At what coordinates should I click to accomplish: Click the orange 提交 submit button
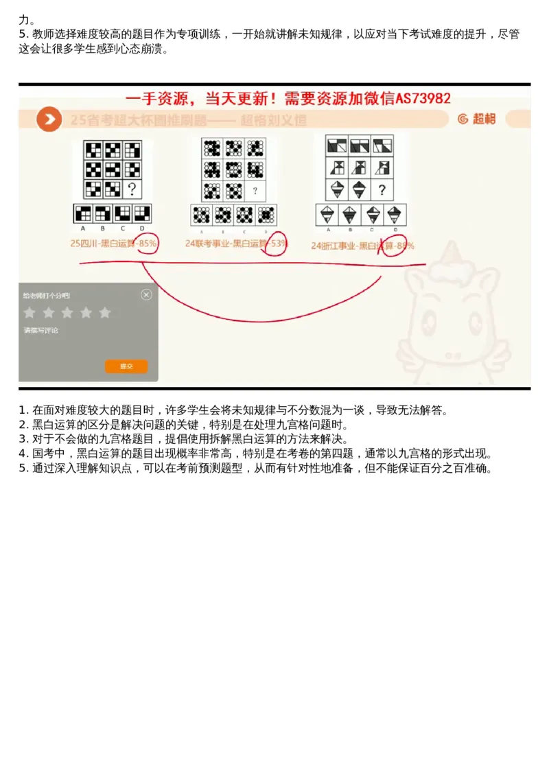click(x=126, y=366)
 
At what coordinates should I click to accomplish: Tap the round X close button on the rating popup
click(x=146, y=294)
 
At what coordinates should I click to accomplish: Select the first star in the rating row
click(x=30, y=313)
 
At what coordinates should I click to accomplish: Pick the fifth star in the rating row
click(x=104, y=313)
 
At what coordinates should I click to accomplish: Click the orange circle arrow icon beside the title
click(x=49, y=119)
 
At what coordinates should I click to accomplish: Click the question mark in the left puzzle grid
click(x=132, y=189)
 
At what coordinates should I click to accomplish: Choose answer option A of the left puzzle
click(x=83, y=213)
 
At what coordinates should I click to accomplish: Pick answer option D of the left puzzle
click(x=142, y=213)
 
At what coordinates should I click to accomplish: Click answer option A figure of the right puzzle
click(x=327, y=215)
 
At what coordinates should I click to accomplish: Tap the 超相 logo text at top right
click(x=484, y=119)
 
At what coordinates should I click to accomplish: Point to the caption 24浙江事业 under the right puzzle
click(x=334, y=245)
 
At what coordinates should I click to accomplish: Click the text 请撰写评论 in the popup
click(x=41, y=331)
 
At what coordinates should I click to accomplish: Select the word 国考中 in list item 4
click(x=51, y=454)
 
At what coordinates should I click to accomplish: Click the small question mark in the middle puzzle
click(x=255, y=191)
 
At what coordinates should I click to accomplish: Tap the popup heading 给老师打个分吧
click(x=46, y=296)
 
